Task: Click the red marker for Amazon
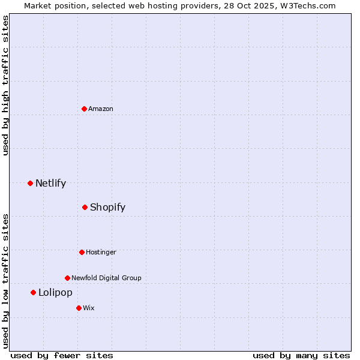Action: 85,109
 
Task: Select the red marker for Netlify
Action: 30,183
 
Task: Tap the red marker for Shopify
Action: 85,207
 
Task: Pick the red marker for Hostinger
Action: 82,252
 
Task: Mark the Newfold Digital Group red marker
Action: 67,278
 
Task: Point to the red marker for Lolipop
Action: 33,292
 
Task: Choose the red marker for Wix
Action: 79,308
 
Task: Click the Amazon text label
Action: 101,109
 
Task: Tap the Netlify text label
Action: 50,183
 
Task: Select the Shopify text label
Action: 107,207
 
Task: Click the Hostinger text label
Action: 101,252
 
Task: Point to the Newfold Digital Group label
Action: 106,278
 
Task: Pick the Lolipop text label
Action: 55,292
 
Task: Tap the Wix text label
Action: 89,308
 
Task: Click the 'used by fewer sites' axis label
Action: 62,355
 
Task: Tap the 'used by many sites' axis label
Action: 301,355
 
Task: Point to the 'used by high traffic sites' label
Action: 5,85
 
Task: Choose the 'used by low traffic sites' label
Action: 5,281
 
